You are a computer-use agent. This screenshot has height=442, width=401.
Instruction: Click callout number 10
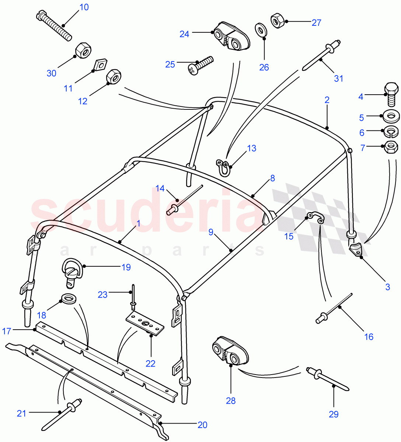click(x=84, y=7)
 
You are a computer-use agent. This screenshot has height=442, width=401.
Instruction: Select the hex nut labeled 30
click(x=83, y=50)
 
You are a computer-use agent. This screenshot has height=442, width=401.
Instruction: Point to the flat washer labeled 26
click(x=261, y=29)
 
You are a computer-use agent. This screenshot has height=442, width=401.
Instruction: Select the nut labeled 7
click(x=391, y=147)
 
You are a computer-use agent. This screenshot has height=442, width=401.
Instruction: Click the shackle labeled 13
click(x=224, y=167)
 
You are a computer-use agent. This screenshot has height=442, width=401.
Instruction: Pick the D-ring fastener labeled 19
click(x=72, y=272)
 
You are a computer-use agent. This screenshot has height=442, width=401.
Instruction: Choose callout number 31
click(x=338, y=78)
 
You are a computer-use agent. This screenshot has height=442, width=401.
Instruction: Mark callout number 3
click(x=387, y=287)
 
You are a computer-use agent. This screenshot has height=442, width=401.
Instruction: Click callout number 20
click(x=202, y=425)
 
